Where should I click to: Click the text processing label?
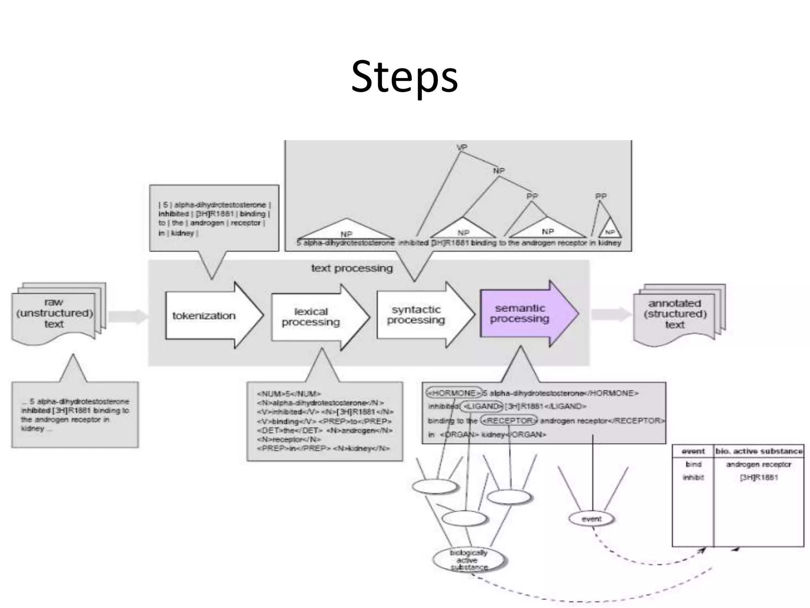tap(352, 268)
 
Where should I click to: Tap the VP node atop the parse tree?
tap(462, 147)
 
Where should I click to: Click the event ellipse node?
tap(591, 519)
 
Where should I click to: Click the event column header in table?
tap(693, 451)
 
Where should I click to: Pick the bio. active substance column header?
tap(759, 451)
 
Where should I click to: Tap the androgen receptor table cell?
tap(759, 464)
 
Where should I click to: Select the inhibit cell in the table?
tap(693, 477)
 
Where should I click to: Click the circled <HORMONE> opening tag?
tap(454, 393)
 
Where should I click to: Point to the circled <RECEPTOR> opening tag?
tap(509, 420)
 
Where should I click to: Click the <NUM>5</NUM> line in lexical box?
tap(289, 394)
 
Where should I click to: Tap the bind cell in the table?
tap(693, 464)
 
